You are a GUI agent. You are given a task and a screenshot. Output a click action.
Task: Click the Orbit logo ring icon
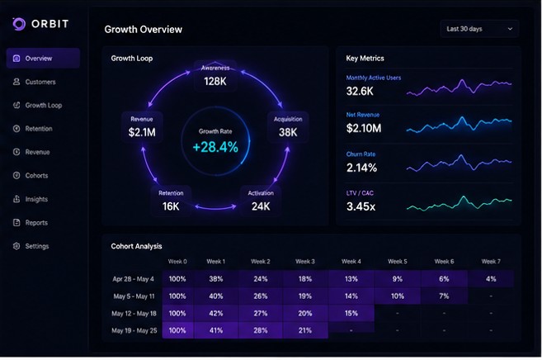(19, 24)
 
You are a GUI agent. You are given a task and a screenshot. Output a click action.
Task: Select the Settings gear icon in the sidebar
(16, 246)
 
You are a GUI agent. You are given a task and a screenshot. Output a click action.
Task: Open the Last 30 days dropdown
(479, 29)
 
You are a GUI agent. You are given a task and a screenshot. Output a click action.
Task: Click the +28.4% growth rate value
(215, 147)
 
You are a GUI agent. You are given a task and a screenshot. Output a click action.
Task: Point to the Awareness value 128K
(215, 81)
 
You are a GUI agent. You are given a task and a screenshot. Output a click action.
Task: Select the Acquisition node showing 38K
(288, 127)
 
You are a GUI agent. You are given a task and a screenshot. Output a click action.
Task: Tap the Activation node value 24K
(261, 206)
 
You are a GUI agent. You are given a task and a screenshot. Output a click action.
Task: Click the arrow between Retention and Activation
(215, 208)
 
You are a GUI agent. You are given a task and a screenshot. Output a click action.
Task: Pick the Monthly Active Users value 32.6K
(360, 91)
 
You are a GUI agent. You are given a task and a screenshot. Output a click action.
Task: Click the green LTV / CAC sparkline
(459, 203)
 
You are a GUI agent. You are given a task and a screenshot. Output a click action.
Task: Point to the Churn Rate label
(361, 154)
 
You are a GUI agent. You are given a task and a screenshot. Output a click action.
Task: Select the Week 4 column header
(351, 262)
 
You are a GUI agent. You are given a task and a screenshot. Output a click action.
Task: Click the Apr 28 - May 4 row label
(133, 279)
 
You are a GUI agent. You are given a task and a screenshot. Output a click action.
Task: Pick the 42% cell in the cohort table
(216, 313)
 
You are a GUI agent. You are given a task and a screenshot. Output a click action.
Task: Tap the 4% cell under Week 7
(491, 279)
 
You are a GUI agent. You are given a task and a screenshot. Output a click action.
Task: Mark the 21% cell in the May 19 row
(305, 330)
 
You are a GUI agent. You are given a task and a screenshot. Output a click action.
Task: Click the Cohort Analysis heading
(136, 246)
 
